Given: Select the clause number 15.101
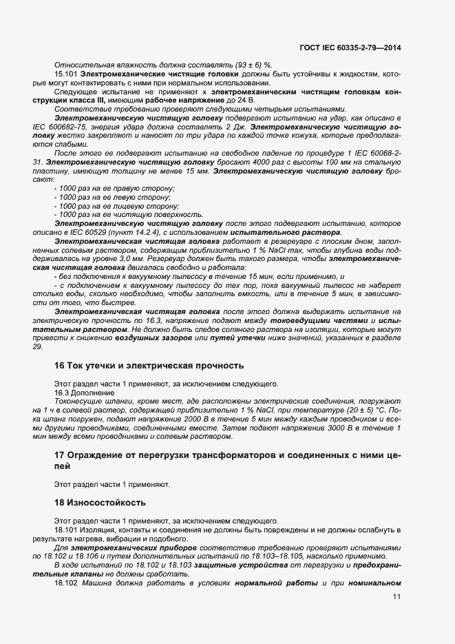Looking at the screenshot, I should [x=66, y=73].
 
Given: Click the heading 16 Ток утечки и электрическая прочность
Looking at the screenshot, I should [x=148, y=365].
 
